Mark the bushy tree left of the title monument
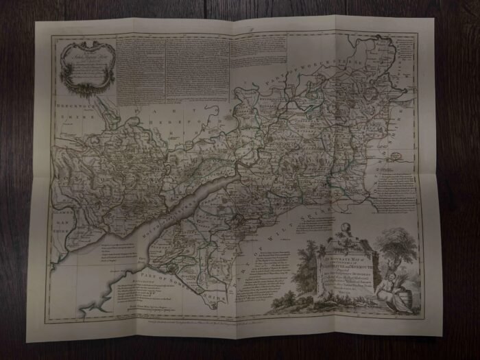click(x=312, y=257)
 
